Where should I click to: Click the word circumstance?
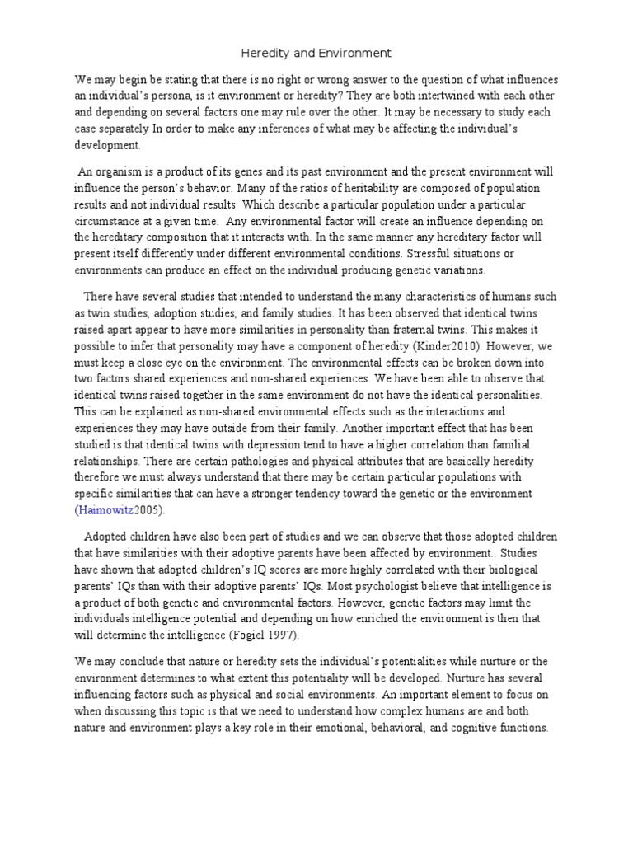tap(110, 223)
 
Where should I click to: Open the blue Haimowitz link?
tap(109, 509)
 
